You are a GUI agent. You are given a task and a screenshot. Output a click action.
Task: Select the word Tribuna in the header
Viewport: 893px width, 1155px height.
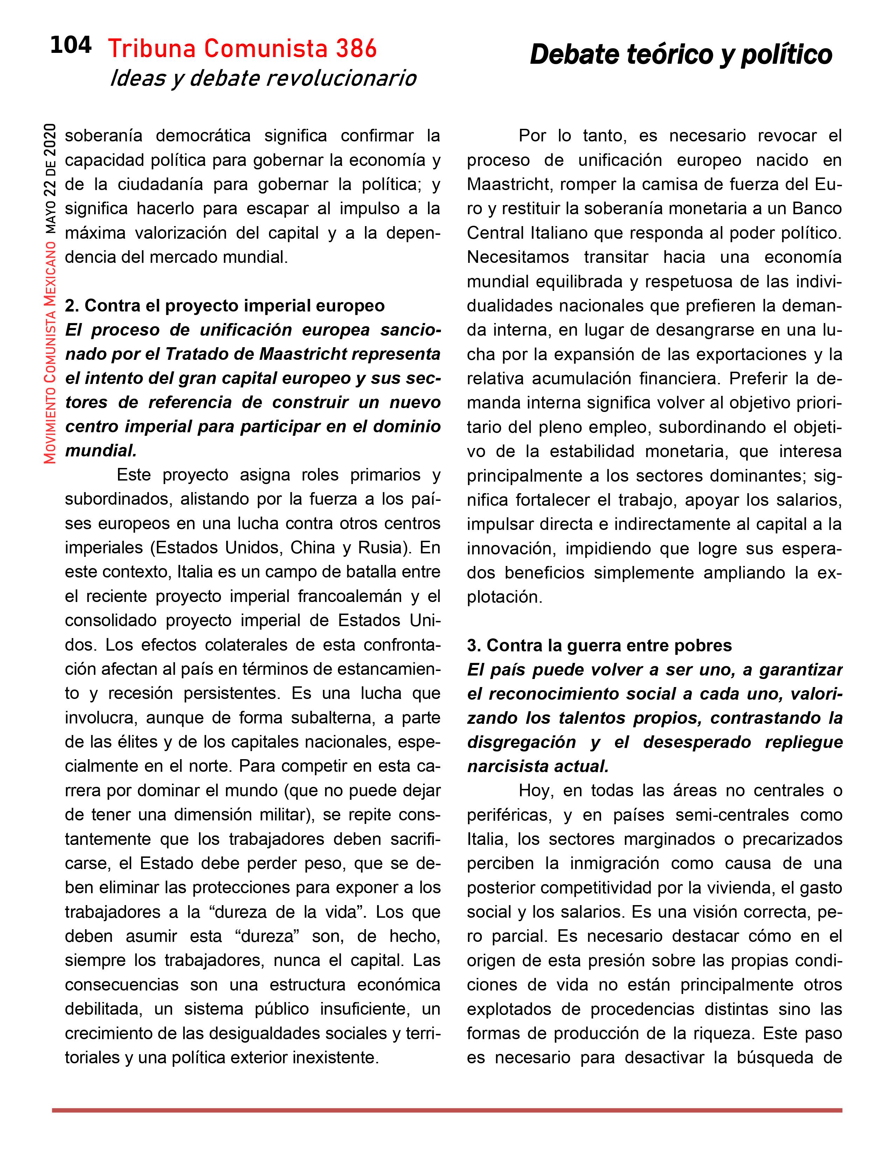(x=152, y=49)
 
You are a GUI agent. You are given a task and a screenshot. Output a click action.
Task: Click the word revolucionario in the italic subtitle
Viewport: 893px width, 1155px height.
(x=341, y=79)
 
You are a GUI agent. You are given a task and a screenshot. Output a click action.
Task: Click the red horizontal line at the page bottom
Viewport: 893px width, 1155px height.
(x=446, y=1111)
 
